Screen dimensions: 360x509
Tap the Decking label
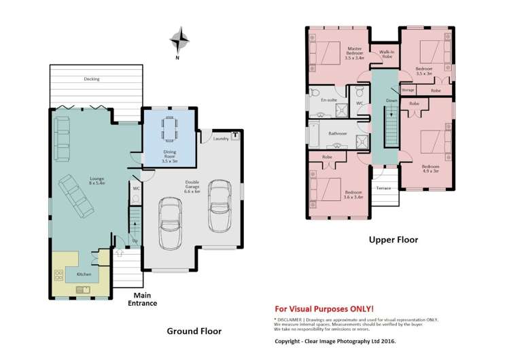point(91,79)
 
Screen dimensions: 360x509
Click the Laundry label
point(220,139)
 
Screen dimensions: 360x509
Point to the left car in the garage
point(170,223)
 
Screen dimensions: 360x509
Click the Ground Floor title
point(194,331)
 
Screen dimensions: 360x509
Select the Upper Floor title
point(393,239)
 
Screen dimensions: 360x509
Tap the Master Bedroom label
point(353,53)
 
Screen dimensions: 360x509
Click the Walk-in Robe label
point(387,54)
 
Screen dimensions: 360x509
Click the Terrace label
point(383,187)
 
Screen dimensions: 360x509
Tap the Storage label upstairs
point(408,90)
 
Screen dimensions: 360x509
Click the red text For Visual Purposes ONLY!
point(323,308)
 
